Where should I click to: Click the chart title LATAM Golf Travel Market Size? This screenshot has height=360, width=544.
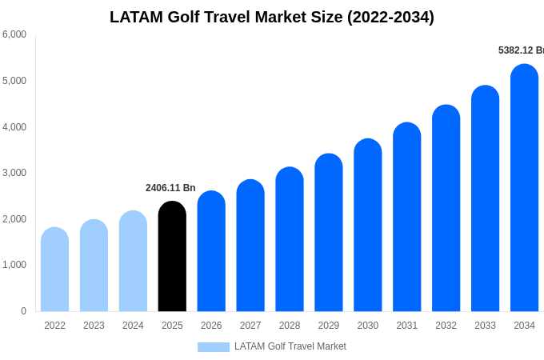click(x=272, y=17)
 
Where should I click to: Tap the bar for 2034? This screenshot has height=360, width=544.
click(x=524, y=188)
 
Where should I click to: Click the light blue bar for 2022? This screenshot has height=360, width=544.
click(x=54, y=270)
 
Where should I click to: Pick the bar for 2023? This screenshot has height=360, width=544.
click(x=94, y=266)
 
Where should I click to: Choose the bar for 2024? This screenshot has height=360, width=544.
click(x=133, y=261)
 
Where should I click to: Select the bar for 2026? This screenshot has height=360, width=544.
click(x=211, y=251)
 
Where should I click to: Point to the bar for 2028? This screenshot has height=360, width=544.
click(x=290, y=239)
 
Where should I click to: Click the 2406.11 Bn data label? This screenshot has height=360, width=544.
click(x=170, y=188)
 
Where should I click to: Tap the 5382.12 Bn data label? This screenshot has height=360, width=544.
click(x=520, y=50)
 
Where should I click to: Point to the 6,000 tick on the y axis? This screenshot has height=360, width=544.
click(x=14, y=34)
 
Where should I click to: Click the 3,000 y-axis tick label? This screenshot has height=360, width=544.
click(x=14, y=173)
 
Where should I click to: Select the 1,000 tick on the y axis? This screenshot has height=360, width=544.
click(x=14, y=265)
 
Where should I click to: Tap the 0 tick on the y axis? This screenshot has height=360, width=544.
click(x=23, y=311)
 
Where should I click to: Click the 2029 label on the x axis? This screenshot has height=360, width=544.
click(x=329, y=326)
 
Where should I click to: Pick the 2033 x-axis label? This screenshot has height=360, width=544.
click(x=485, y=326)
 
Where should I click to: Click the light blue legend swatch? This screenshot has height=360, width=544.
click(x=214, y=347)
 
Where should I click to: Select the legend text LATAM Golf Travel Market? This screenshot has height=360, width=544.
click(x=290, y=346)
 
